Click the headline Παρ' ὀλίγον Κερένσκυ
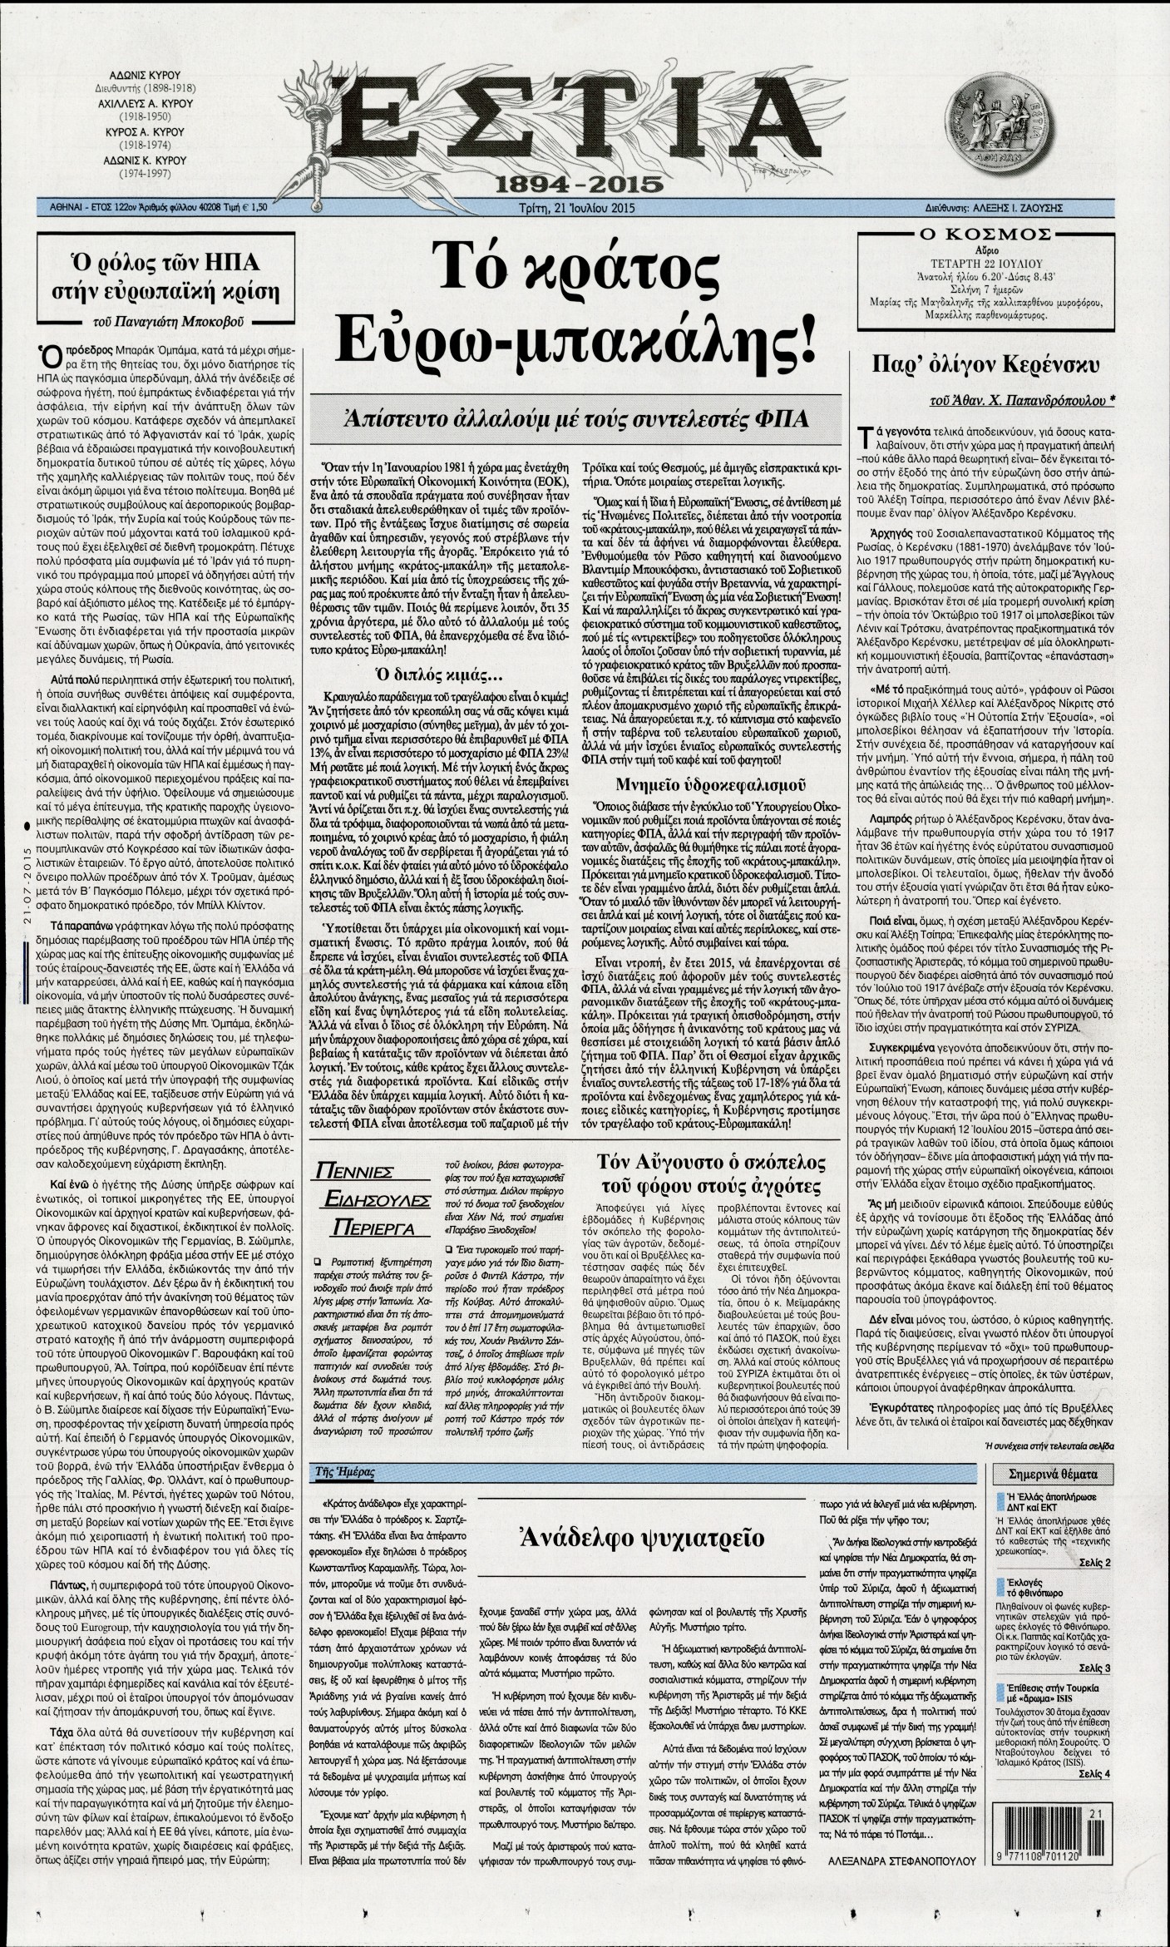[986, 363]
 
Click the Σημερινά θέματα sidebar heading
[1053, 1474]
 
